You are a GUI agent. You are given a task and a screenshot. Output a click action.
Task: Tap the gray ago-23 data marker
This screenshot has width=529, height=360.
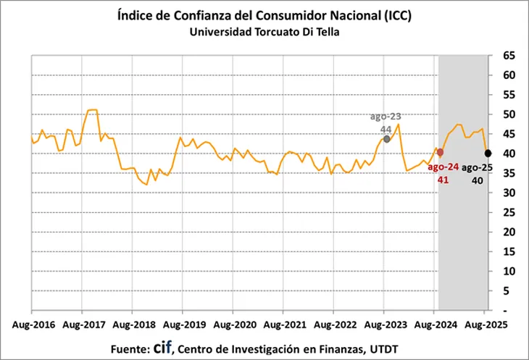(387, 138)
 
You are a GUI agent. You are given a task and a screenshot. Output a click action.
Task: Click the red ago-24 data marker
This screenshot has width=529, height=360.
(440, 152)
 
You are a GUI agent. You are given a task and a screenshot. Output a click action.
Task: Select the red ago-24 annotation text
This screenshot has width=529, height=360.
(441, 173)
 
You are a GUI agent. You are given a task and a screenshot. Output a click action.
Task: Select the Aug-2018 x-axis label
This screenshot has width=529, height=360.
(131, 324)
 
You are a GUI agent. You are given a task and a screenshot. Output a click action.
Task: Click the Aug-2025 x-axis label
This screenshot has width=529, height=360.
(484, 324)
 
